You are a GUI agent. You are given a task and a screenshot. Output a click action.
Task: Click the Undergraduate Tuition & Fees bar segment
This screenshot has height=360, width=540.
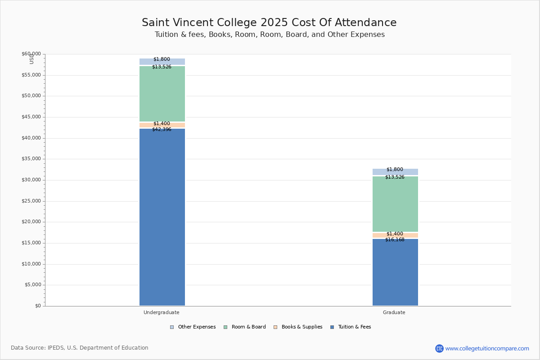[x=162, y=216]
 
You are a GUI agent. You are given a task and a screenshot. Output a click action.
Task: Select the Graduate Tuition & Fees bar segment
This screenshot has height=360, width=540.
[x=395, y=272]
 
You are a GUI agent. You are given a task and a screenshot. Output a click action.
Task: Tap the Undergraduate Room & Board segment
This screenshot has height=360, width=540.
[x=162, y=94]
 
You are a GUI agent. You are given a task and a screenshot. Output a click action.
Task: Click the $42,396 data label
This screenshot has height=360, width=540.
[x=162, y=130]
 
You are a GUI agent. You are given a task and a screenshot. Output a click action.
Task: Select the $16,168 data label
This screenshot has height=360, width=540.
[x=395, y=240]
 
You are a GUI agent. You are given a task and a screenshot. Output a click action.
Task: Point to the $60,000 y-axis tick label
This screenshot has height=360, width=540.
[x=31, y=54]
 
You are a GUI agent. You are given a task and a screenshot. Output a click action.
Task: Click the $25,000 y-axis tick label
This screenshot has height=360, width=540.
[x=31, y=201]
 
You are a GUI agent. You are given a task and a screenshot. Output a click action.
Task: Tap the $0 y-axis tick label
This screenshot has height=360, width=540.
[x=38, y=306]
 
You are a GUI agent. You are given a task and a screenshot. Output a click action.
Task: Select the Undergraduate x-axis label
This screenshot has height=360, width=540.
[x=162, y=312]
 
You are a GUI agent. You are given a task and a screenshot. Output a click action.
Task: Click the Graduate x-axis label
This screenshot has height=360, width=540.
[x=394, y=312]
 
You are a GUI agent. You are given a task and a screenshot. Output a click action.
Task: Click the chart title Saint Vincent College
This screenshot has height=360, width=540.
[x=269, y=23]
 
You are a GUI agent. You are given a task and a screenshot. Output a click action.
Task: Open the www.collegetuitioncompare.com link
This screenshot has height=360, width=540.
[x=487, y=348]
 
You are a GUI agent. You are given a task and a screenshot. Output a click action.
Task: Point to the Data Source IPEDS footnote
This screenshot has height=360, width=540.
[x=80, y=348]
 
